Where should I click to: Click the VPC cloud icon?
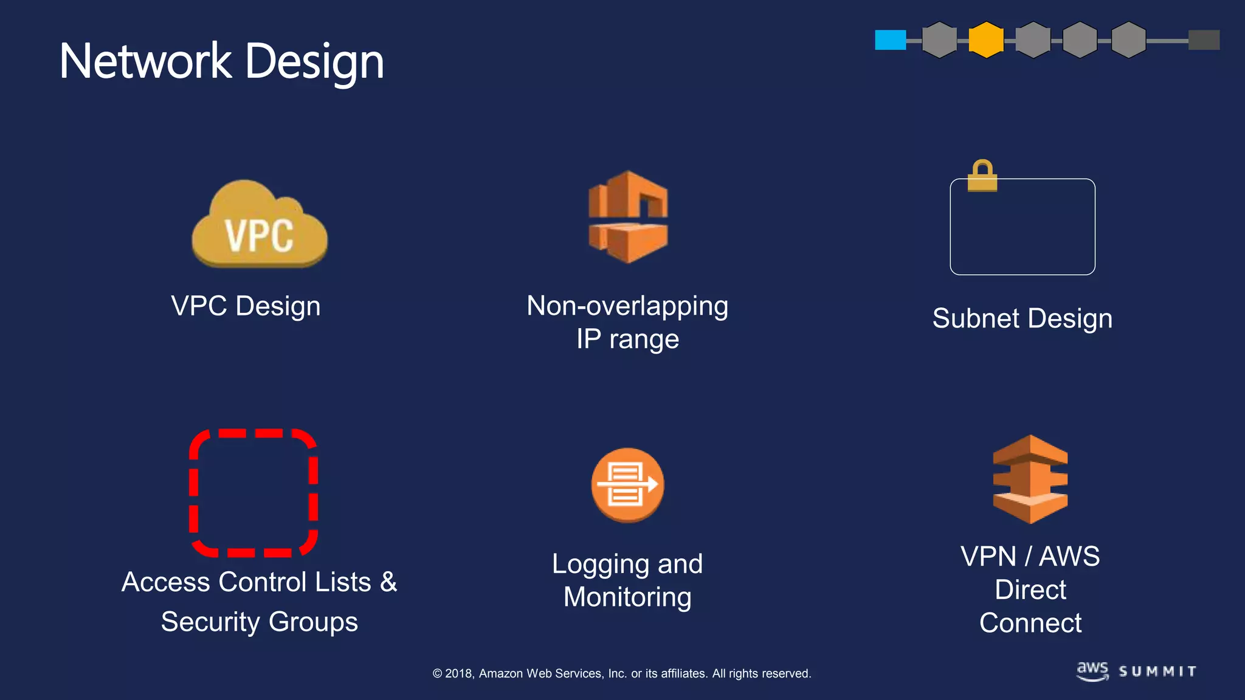pos(260,224)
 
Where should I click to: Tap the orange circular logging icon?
pos(627,485)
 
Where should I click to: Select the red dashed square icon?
pos(253,493)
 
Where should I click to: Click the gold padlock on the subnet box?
pos(982,176)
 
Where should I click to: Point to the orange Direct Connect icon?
pos(1030,479)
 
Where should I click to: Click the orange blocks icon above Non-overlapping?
pos(628,217)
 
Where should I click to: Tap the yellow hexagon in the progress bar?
pos(985,40)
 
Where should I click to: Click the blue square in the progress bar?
pos(890,40)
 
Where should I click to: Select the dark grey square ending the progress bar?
pos(1204,40)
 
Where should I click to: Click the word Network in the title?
pos(145,61)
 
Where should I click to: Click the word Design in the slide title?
pos(314,63)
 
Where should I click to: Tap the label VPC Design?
pos(246,306)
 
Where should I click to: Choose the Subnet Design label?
pos(1023,318)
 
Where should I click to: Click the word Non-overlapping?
pos(627,306)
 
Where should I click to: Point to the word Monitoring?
pos(627,597)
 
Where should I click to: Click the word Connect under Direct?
pos(1030,623)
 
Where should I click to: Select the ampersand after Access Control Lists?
pos(388,582)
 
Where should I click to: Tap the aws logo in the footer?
pos(1092,671)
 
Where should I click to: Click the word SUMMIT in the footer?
pos(1157,671)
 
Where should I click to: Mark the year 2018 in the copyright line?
pos(459,673)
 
